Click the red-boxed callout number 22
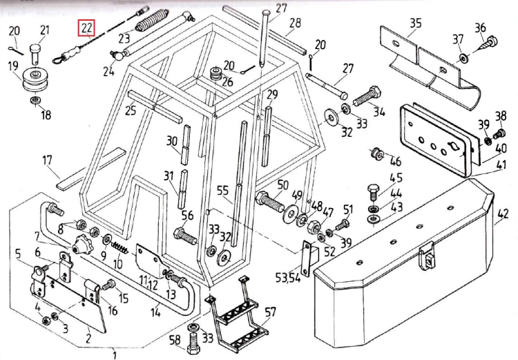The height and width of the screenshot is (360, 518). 86,28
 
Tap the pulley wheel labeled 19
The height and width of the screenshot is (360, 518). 35,80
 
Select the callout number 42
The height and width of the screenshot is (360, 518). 502,214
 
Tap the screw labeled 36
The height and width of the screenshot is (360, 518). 488,43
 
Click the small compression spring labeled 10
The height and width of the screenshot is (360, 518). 120,247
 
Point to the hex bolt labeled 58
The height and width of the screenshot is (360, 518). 194,343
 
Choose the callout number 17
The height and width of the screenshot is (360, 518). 47,160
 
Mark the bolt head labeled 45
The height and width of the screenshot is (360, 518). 373,191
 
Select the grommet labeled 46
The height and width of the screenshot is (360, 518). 376,153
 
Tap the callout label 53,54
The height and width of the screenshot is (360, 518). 288,277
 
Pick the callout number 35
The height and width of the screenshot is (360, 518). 416,23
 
